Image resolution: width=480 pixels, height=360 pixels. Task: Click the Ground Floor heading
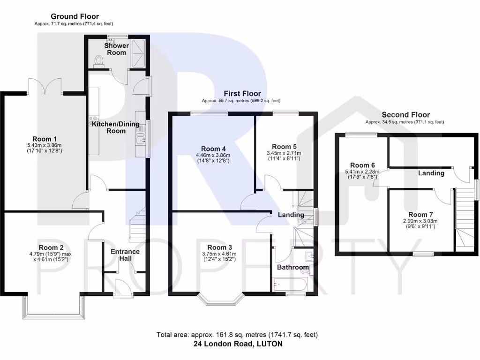(75, 16)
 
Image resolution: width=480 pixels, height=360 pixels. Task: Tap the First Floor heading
(242, 93)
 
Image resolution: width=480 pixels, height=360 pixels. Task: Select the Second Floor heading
(405, 115)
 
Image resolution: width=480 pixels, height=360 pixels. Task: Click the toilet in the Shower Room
(98, 61)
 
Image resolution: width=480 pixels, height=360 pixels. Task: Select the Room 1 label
(45, 139)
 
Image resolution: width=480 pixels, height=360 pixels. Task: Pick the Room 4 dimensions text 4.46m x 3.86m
(213, 155)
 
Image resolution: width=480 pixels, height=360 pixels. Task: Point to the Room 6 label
(363, 165)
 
